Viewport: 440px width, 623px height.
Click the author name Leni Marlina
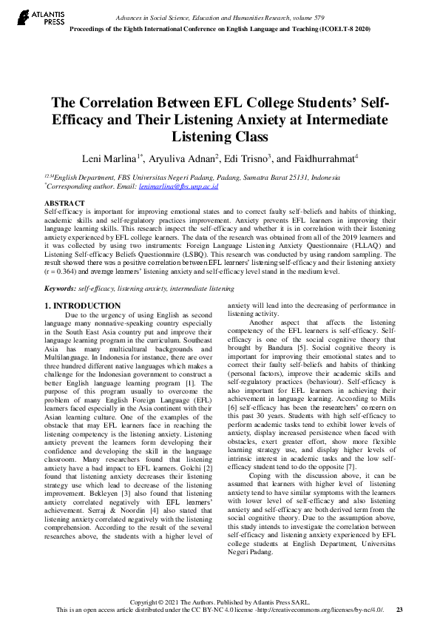point(109,158)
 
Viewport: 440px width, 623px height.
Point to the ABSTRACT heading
point(64,203)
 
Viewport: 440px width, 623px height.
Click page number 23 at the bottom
point(399,610)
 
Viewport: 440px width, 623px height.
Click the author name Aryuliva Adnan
point(183,158)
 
